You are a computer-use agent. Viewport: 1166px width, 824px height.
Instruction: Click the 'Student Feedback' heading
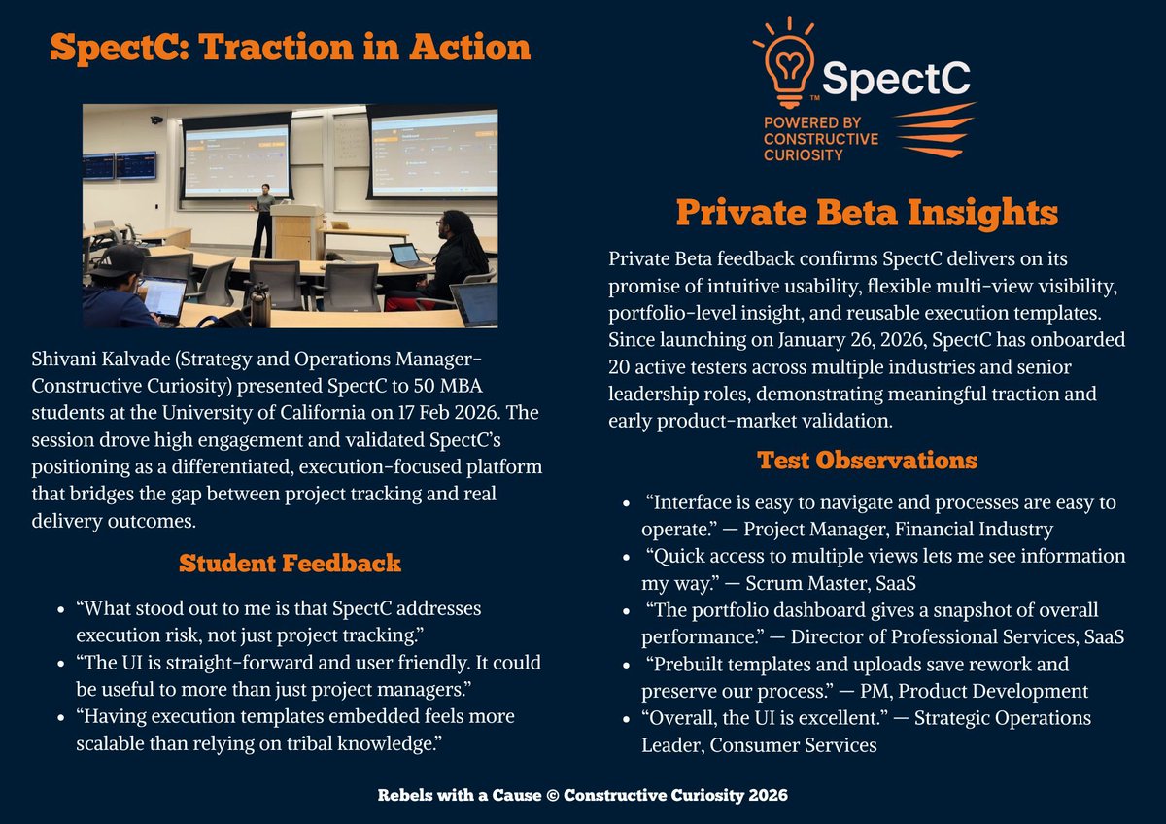[290, 563]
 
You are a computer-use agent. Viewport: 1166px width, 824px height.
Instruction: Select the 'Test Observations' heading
[866, 460]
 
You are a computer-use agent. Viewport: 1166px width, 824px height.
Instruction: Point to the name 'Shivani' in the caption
[66, 360]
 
